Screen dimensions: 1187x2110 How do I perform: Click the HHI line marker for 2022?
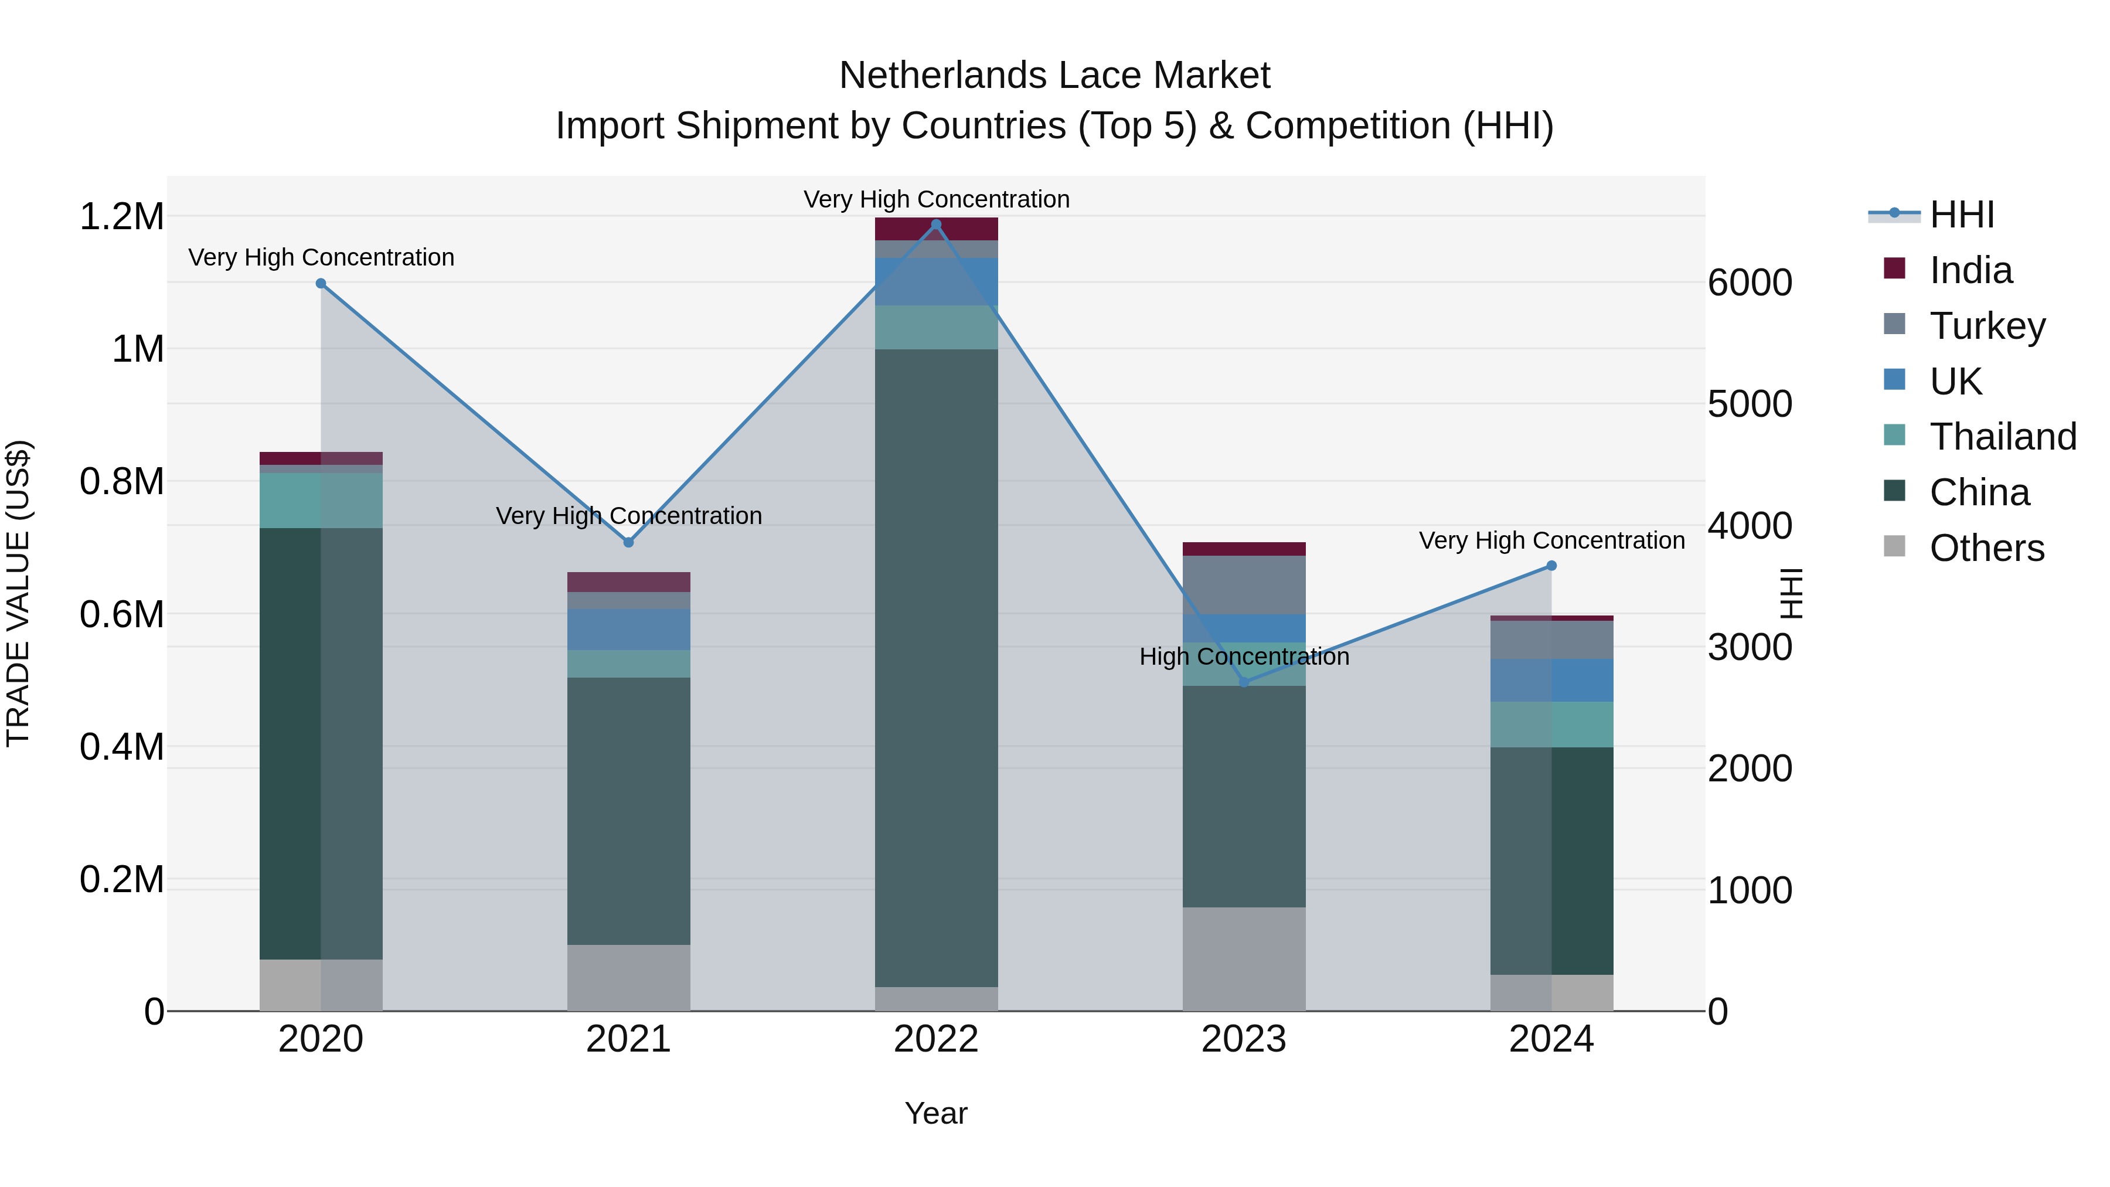[x=936, y=225]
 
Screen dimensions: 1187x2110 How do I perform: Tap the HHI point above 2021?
[x=628, y=542]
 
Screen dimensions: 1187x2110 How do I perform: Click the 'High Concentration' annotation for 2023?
[x=1243, y=657]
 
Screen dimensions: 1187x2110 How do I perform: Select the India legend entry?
[x=1970, y=270]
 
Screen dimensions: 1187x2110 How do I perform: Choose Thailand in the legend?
[x=2003, y=437]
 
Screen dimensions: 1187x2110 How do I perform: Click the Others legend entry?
[x=1986, y=548]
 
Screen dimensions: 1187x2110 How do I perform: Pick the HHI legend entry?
[x=1962, y=215]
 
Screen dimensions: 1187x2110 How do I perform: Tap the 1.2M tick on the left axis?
[x=121, y=217]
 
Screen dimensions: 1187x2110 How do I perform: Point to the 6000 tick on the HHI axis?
[x=1750, y=284]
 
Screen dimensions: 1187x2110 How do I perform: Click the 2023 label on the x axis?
[x=1243, y=1039]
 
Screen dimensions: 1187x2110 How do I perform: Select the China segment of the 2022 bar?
[x=936, y=668]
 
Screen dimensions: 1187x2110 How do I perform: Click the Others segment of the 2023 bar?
[x=1243, y=958]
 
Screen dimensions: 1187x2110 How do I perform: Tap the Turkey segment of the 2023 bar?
[x=1243, y=585]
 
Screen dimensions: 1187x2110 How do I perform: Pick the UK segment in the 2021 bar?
[x=628, y=629]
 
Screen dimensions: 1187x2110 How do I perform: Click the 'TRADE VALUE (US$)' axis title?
[x=18, y=593]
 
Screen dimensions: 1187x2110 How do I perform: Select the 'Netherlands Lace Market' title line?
[x=1054, y=76]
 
